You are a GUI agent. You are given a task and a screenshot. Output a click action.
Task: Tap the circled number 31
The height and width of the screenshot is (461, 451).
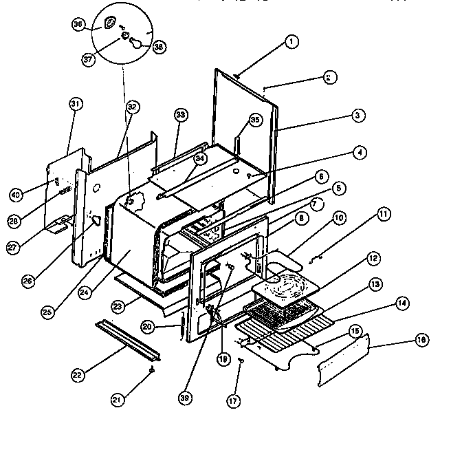click(x=76, y=103)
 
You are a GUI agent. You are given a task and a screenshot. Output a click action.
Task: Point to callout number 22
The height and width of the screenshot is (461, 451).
click(x=78, y=376)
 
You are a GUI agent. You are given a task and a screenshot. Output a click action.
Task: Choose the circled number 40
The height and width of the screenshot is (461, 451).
click(x=34, y=193)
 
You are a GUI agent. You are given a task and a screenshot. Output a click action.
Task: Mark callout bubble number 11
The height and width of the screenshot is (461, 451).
click(x=383, y=215)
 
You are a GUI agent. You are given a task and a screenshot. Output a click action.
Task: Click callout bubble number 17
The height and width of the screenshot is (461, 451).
click(x=235, y=400)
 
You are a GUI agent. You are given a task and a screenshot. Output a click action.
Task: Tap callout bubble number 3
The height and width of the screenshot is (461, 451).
click(x=357, y=116)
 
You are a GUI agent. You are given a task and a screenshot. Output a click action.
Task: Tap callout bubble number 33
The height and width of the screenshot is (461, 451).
click(x=180, y=115)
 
